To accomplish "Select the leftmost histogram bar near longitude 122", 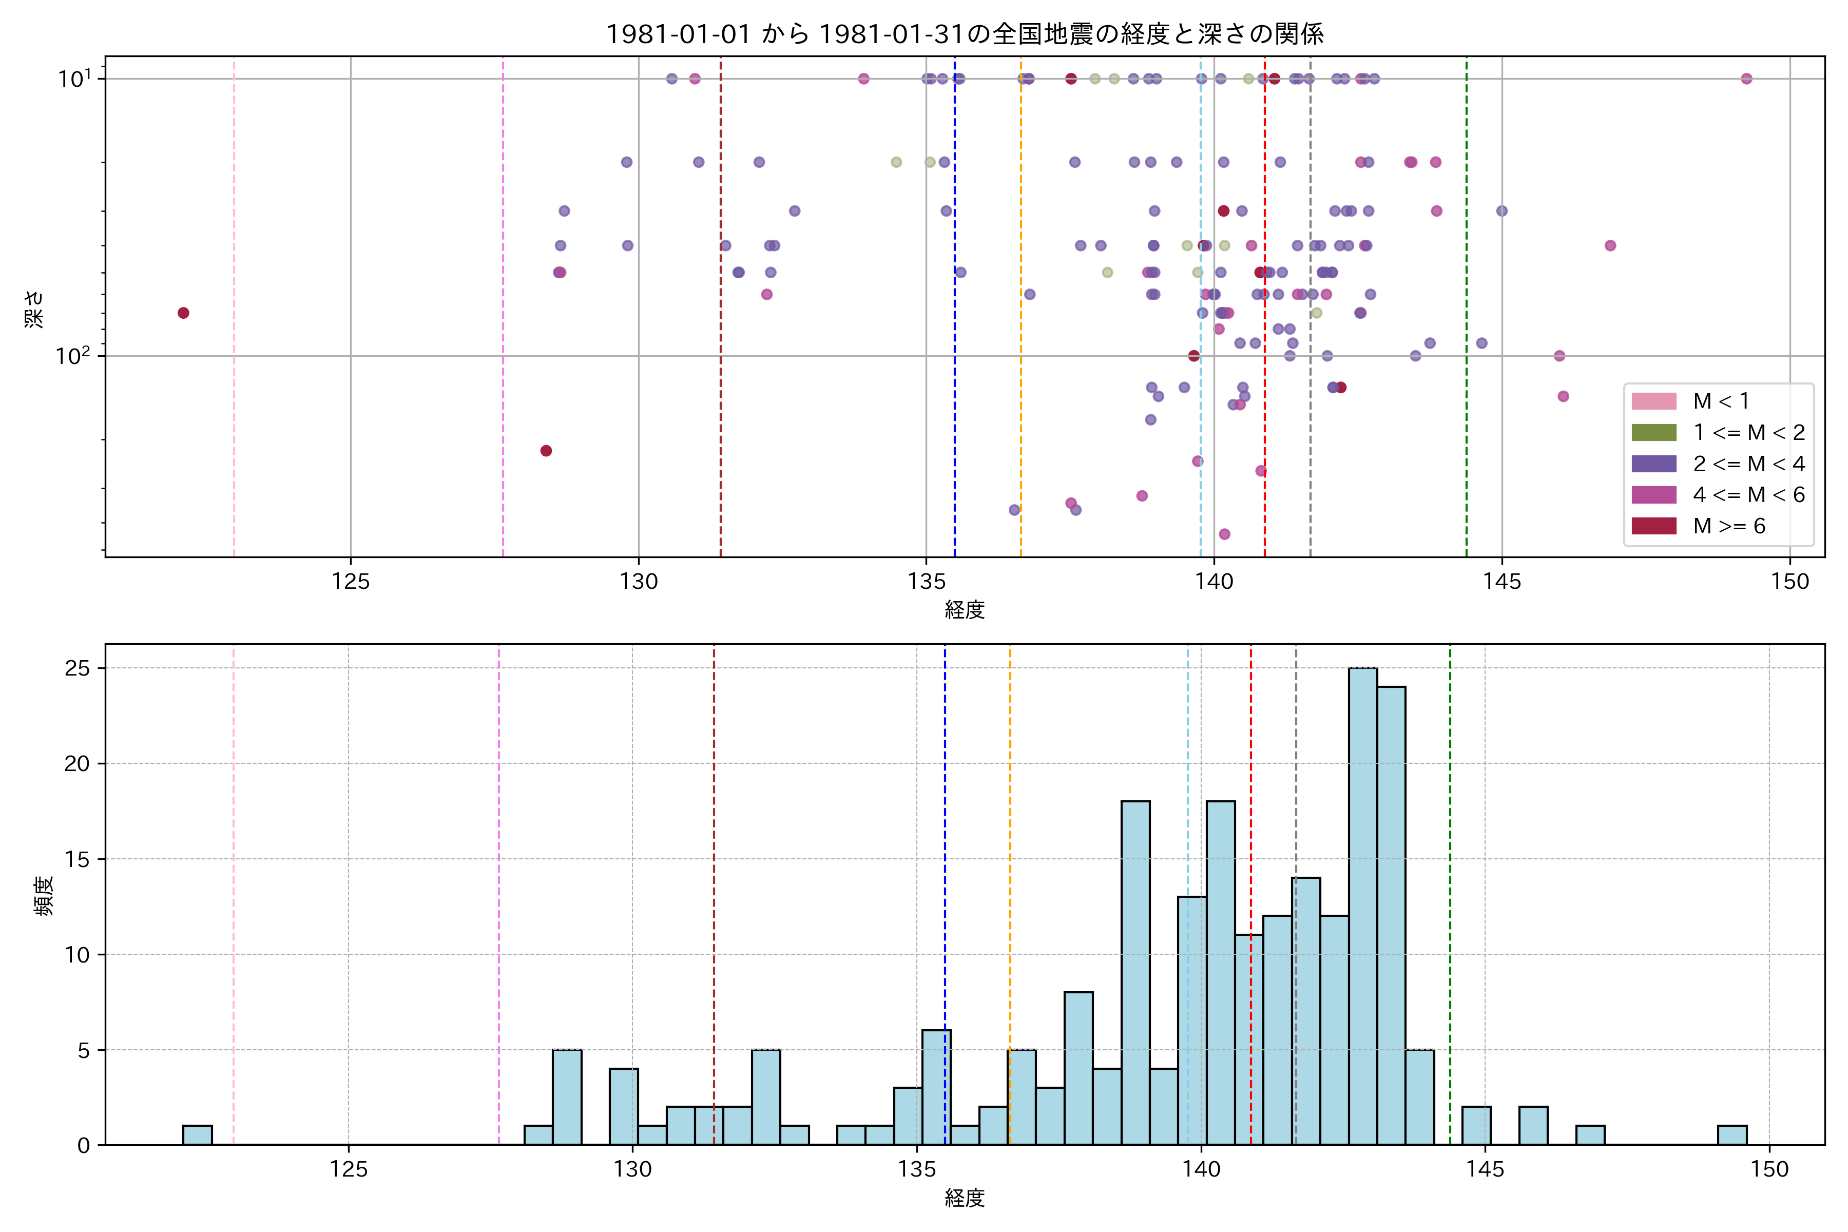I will (x=197, y=1135).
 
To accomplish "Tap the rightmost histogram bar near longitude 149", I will (x=1731, y=1135).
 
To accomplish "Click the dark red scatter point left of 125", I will (x=183, y=313).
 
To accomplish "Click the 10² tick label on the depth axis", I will (x=73, y=356).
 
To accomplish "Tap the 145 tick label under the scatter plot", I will (x=1501, y=582).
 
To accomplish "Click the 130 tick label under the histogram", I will (x=632, y=1170).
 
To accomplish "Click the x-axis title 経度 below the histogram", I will (x=964, y=1198).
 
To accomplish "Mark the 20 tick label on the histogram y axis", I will (x=77, y=764).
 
